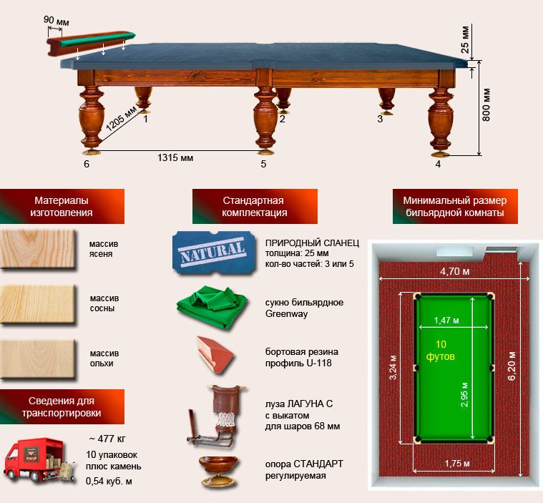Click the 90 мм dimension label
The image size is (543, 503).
click(x=56, y=21)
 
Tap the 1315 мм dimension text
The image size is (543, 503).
click(x=175, y=158)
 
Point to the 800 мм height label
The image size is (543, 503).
click(x=486, y=105)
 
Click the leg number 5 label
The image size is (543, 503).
click(x=263, y=164)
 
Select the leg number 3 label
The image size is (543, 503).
click(x=380, y=119)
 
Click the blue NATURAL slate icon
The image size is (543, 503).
click(x=213, y=252)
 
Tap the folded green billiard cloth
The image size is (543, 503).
click(x=212, y=306)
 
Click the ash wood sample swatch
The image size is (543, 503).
click(x=38, y=249)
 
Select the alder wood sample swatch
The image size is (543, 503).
click(x=38, y=359)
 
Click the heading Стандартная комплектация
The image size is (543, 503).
click(x=255, y=207)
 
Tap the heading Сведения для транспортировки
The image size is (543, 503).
click(x=62, y=406)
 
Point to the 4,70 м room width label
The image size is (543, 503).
click(x=455, y=271)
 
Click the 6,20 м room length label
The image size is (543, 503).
click(x=512, y=366)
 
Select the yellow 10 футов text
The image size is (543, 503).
click(x=441, y=350)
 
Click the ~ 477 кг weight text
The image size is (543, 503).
click(x=107, y=439)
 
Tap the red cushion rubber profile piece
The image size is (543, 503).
click(x=214, y=354)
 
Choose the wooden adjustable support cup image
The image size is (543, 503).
click(x=218, y=472)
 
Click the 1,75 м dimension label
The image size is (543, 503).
click(x=457, y=464)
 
